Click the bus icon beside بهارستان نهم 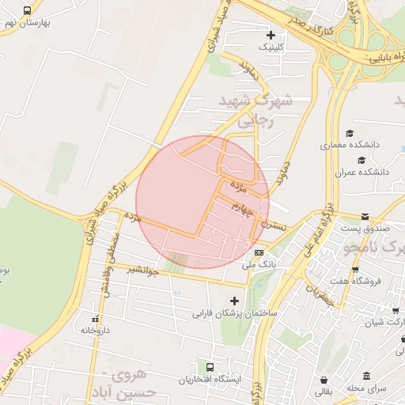tap(28, 11)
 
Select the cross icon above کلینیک tap(271, 35)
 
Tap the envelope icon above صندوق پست tap(365, 217)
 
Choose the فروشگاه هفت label tap(356, 281)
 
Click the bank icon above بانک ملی tap(259, 253)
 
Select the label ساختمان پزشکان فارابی tap(235, 313)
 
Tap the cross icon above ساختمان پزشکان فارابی tap(233, 301)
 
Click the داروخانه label tap(95, 329)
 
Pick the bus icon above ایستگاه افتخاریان tap(210, 368)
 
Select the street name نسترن tap(274, 225)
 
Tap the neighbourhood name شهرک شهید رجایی tap(265, 111)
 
